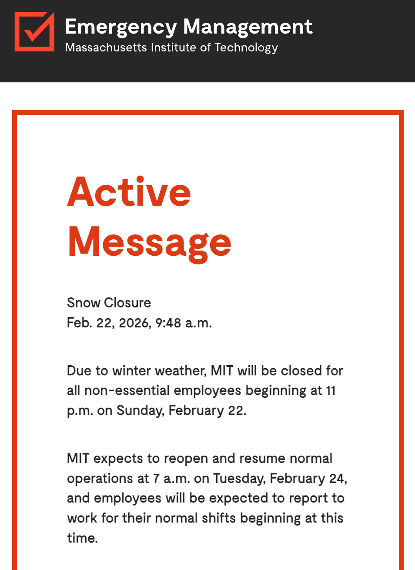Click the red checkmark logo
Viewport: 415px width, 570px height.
34,31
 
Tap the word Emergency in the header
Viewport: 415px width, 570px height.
120,27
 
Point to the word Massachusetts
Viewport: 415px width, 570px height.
106,47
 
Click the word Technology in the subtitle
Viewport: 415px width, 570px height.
246,47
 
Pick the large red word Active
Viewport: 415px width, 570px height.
129,192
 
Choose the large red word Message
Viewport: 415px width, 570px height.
149,242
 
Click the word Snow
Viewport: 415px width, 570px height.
84,303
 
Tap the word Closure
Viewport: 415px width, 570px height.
127,303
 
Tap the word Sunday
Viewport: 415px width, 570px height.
140,411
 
